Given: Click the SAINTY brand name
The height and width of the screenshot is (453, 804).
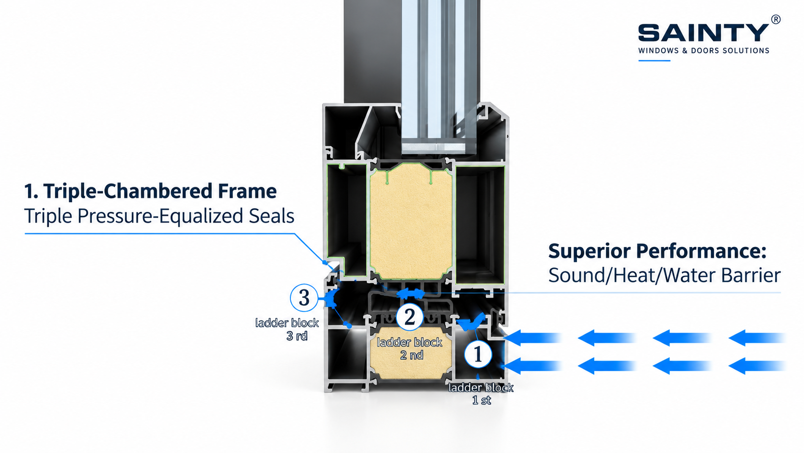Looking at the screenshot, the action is [703, 33].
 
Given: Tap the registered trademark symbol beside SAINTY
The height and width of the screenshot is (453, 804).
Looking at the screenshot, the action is [776, 19].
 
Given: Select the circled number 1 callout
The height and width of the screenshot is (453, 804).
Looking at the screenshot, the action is [478, 354].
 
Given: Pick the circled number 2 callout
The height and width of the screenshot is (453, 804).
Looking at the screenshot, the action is [410, 316].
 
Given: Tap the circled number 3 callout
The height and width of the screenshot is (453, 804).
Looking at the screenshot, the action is [304, 298].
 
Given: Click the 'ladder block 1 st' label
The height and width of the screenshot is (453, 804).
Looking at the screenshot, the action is [481, 394].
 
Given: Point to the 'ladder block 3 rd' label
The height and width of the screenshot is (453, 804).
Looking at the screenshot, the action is [287, 329].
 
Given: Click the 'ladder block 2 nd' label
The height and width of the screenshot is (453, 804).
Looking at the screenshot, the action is [410, 349].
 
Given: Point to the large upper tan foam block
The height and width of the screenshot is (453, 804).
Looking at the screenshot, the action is [411, 221].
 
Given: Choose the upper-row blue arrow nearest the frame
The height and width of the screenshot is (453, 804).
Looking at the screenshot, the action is [532, 338].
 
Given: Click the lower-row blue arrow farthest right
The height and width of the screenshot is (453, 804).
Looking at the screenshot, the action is [757, 366].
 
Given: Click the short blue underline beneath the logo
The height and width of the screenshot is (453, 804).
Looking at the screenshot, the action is [654, 61].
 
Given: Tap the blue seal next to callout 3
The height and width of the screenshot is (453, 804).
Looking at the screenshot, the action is [331, 298].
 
